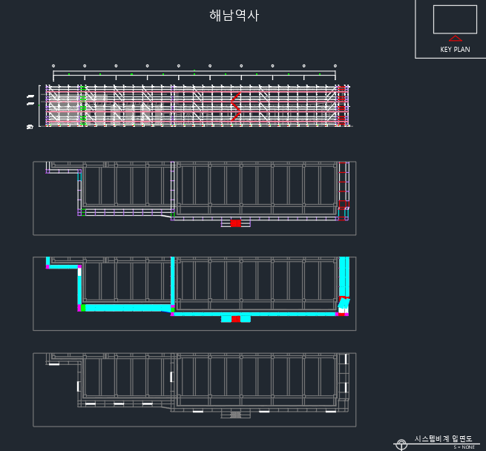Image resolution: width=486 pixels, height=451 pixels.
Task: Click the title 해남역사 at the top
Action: click(234, 16)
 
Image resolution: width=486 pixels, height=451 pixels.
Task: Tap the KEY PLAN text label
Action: click(455, 50)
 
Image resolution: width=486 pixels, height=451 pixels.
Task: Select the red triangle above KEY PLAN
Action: click(456, 39)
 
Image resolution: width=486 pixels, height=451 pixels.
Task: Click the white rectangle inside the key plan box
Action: click(455, 19)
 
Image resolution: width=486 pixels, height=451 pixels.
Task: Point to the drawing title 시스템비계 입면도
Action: click(443, 439)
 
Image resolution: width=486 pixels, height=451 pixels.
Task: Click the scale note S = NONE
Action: click(464, 447)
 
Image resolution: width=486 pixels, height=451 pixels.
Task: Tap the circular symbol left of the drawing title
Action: click(401, 445)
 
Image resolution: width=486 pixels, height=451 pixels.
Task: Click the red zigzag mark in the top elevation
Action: click(236, 107)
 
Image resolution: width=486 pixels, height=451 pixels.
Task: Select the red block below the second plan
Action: click(235, 223)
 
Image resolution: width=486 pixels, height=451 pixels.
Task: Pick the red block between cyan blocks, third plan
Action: click(235, 319)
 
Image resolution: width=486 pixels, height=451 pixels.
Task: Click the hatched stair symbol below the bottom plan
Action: click(235, 415)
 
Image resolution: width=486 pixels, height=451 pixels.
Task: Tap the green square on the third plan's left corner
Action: click(83, 307)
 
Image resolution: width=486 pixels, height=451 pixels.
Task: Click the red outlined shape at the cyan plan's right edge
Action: click(343, 302)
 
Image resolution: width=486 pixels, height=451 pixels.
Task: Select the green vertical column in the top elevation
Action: click(83, 105)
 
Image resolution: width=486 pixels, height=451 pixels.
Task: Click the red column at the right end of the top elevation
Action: click(342, 105)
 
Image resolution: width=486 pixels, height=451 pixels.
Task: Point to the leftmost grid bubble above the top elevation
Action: click(53, 66)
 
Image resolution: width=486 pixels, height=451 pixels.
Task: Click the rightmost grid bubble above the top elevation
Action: click(335, 66)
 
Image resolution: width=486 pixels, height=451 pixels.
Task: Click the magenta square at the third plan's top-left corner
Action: click(48, 266)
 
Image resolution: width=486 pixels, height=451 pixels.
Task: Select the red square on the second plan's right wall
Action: click(344, 203)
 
